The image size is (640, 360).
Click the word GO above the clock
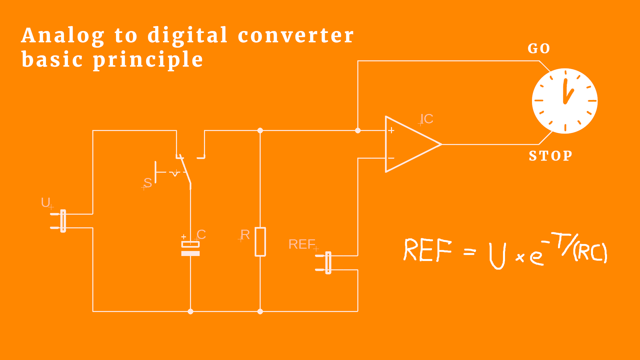(539, 49)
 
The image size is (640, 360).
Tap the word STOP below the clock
(550, 156)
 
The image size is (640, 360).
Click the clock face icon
(565, 101)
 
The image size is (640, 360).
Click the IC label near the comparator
(426, 119)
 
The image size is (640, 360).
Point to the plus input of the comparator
(391, 130)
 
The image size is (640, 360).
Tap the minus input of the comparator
(391, 158)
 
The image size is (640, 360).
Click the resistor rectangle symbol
(260, 242)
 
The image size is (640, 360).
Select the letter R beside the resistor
(245, 235)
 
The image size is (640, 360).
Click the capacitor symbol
(190, 248)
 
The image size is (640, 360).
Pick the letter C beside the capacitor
(201, 234)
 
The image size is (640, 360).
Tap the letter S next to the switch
(148, 183)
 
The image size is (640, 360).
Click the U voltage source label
(46, 202)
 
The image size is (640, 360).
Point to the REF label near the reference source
(302, 244)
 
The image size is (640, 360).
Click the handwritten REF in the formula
(428, 250)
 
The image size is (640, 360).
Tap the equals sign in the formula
(470, 252)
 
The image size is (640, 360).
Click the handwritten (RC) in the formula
(590, 252)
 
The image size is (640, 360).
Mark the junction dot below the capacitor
(190, 312)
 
